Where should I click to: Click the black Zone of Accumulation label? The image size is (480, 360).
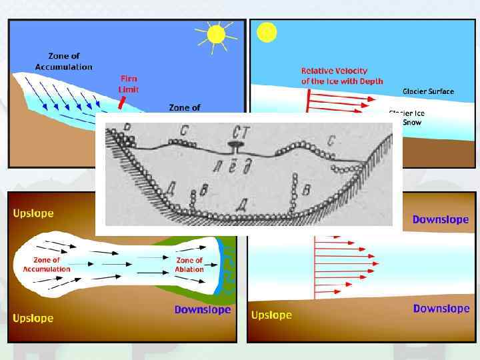pos(70,61)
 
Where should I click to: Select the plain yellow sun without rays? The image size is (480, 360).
pos(266,32)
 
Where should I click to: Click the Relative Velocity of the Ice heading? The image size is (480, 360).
pos(342,75)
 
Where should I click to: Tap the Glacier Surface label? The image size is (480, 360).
pos(428,91)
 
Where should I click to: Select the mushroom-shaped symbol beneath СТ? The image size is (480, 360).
pos(235,145)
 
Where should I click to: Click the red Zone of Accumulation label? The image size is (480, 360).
pos(47,265)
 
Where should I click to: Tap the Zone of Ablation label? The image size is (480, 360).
pos(189,265)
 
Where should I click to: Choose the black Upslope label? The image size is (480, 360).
pos(271,315)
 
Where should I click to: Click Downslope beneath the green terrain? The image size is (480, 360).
pos(202,309)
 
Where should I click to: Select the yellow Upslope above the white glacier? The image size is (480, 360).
pos(33,213)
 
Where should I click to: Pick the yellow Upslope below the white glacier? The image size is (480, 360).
pos(33,317)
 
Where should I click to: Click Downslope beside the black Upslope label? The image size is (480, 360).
pos(441,308)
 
